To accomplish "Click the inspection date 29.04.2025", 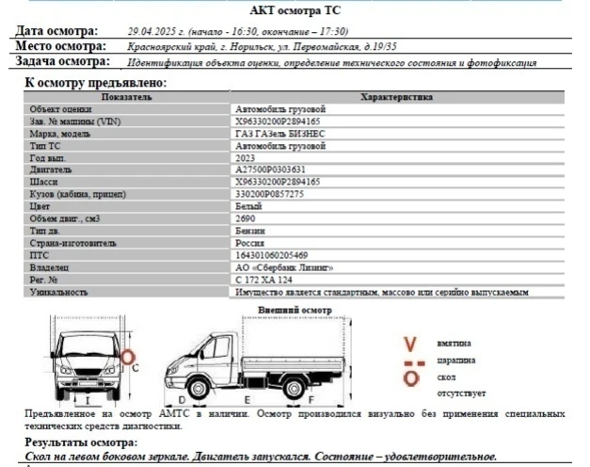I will [156, 30].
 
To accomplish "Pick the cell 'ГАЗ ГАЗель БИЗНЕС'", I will [279, 134].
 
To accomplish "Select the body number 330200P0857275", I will [272, 193].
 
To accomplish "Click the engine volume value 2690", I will [245, 217].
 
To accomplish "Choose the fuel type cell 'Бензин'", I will [250, 230].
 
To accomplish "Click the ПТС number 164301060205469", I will [274, 254].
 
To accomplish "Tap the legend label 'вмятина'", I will [454, 344].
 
